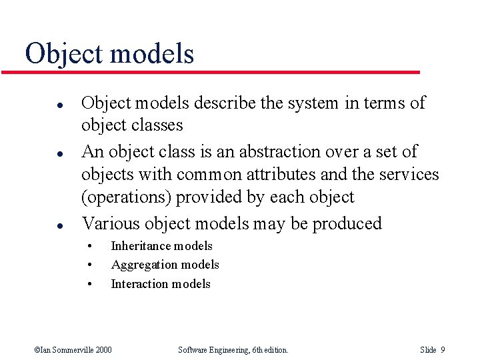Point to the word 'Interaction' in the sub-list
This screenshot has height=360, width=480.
click(138, 284)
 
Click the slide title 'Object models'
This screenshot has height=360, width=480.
click(109, 53)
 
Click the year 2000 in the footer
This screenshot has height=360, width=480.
click(102, 350)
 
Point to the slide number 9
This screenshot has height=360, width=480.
click(443, 350)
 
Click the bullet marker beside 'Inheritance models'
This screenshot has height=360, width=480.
click(89, 246)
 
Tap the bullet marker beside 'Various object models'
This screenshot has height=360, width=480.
click(41, 224)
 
